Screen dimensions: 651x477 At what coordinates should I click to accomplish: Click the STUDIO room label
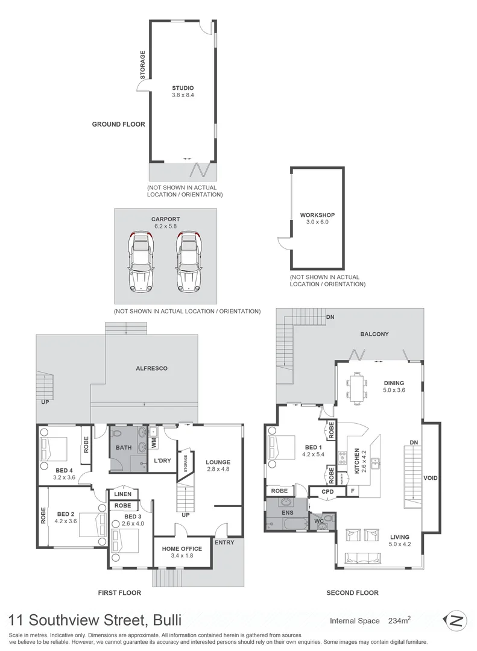182,88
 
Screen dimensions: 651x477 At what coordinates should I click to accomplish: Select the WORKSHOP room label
317,215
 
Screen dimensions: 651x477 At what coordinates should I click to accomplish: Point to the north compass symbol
455,620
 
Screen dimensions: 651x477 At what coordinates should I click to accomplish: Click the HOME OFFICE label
182,549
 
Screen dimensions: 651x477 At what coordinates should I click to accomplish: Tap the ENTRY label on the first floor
224,542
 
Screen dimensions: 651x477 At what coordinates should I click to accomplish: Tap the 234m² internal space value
400,620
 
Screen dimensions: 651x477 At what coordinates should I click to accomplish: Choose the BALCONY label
374,334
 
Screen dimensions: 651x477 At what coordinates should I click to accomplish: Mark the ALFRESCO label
151,368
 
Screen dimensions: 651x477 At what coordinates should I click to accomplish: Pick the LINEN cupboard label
122,494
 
